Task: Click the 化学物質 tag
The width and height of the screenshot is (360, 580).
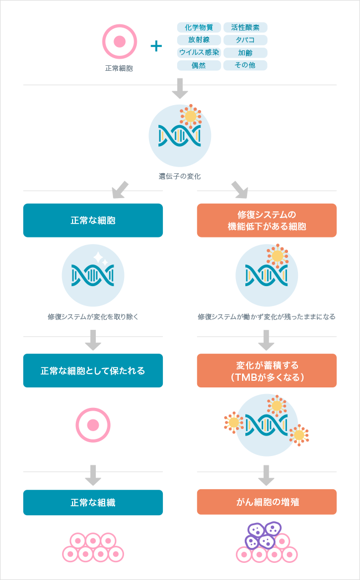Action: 199,27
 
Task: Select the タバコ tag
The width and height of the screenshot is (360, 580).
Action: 245,40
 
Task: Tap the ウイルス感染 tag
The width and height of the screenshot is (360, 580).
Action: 199,53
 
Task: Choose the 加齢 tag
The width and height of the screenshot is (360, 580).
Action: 245,53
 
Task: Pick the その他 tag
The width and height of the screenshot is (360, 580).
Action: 245,65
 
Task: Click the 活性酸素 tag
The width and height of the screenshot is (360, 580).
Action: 245,27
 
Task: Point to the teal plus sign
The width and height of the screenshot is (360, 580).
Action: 157,46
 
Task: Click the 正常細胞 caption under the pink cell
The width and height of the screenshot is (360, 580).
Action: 119,69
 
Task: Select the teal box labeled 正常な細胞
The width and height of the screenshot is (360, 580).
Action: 93,220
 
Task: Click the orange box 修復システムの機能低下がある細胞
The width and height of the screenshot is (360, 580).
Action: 266,220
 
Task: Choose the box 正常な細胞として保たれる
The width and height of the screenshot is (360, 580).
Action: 93,370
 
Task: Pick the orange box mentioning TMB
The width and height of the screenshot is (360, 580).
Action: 266,370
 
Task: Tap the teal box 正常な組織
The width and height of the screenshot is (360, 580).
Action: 93,503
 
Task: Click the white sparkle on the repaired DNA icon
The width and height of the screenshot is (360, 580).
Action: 101,258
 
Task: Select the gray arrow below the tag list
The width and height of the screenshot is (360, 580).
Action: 180,89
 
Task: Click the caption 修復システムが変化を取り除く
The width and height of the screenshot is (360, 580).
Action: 93,317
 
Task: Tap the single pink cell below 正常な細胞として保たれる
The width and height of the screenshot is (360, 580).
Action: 93,425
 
